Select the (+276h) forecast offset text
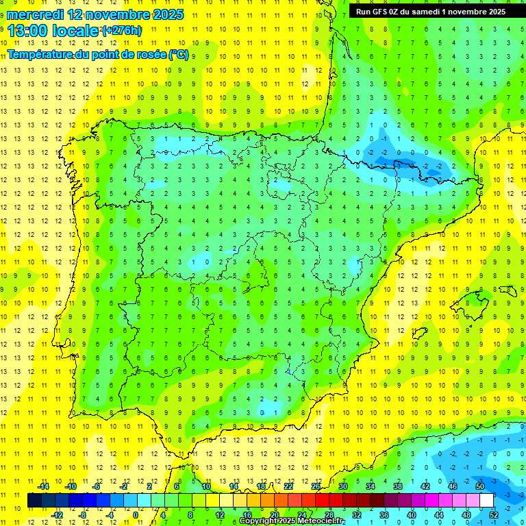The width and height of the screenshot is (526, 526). pyautogui.click(x=122, y=31)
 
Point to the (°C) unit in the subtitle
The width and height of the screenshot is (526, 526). pyautogui.click(x=179, y=55)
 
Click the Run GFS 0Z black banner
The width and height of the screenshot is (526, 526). pyautogui.click(x=430, y=11)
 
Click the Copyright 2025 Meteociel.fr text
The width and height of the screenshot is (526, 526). pyautogui.click(x=301, y=521)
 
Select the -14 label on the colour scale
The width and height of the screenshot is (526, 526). pyautogui.click(x=43, y=486)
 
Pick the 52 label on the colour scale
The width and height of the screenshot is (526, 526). pyautogui.click(x=493, y=514)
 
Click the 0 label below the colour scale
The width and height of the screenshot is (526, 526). pyautogui.click(x=136, y=514)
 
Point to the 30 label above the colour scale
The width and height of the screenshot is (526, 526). pyautogui.click(x=343, y=486)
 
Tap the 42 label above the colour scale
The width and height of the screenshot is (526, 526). pyautogui.click(x=425, y=486)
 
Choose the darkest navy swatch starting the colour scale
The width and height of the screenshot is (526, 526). pyautogui.click(x=34, y=501)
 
